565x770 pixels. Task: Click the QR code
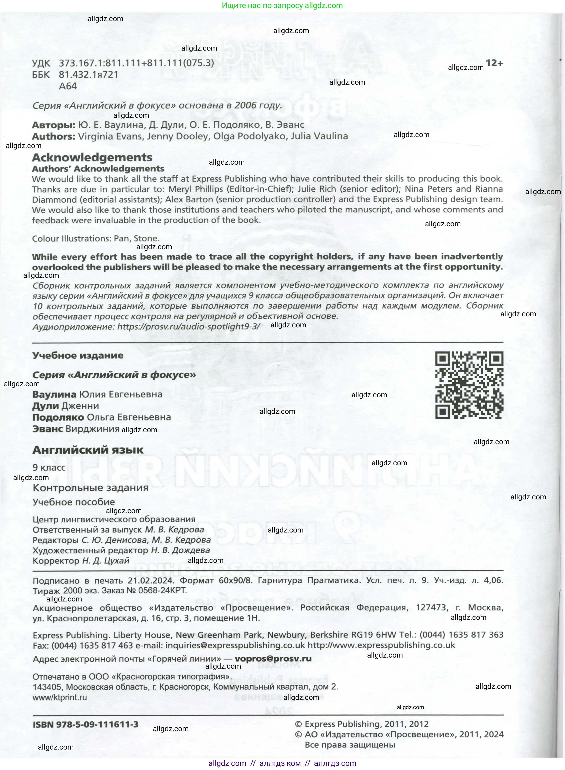click(x=469, y=385)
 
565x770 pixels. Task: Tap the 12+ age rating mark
click(x=494, y=63)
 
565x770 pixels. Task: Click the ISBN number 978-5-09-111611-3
click(x=86, y=724)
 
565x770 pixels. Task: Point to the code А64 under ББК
click(x=68, y=86)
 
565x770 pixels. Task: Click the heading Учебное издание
click(x=78, y=355)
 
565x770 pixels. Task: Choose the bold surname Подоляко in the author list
click(x=58, y=417)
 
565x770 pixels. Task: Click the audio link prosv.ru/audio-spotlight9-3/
click(x=188, y=327)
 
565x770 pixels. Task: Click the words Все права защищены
click(x=350, y=745)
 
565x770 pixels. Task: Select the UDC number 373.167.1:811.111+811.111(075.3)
click(x=137, y=63)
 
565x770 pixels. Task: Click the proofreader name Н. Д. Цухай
click(x=106, y=561)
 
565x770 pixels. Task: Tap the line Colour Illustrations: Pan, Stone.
click(x=96, y=238)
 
